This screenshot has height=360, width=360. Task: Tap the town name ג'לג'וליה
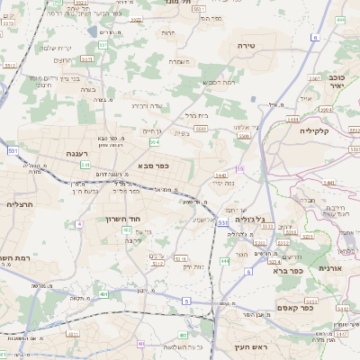248,219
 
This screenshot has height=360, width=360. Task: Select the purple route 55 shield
239,168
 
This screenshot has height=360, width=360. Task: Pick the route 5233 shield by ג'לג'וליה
267,226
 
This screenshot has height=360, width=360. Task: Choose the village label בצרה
86,90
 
